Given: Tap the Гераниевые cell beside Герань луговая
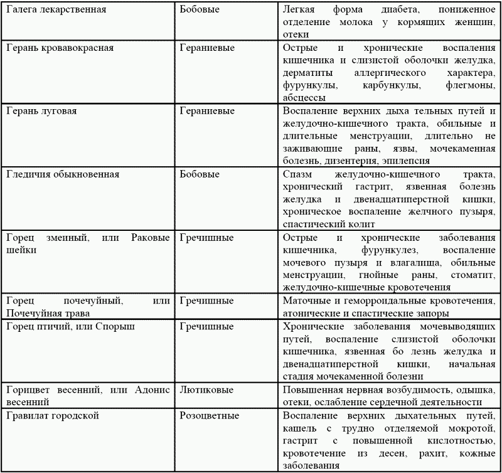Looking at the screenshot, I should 207,111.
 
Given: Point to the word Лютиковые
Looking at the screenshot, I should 205,390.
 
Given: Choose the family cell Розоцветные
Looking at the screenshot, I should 208,415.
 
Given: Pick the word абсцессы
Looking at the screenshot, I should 304,98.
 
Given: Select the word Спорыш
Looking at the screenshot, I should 119,326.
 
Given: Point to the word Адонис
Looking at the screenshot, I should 152,390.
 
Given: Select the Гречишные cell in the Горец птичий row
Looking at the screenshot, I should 206,326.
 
